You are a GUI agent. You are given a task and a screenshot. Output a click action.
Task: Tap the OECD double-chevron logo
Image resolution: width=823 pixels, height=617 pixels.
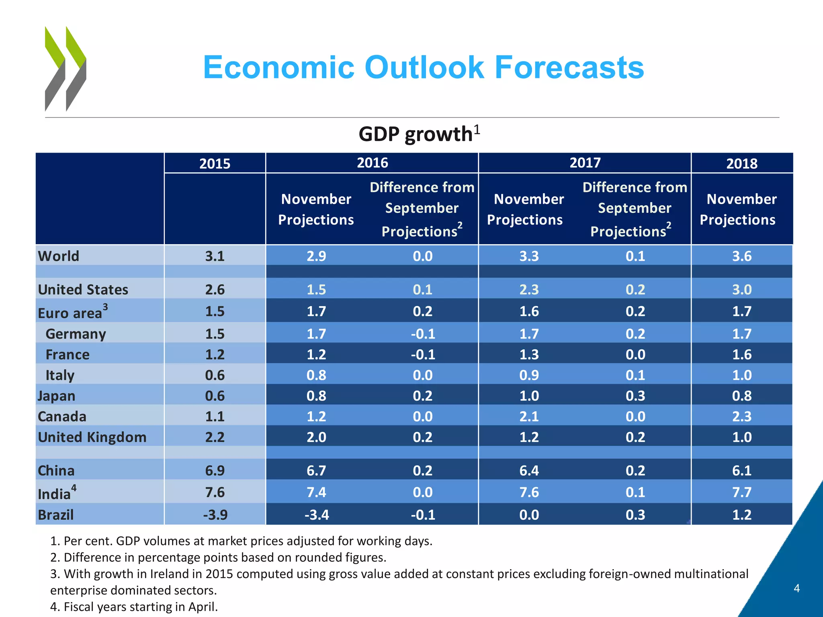pyautogui.click(x=66, y=69)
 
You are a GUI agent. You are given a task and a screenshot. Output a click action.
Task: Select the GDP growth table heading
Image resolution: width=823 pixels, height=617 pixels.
pyautogui.click(x=419, y=134)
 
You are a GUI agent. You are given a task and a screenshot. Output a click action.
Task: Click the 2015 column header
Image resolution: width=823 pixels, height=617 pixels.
pyautogui.click(x=215, y=163)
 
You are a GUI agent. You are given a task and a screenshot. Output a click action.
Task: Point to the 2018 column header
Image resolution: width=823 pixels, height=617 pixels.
pyautogui.click(x=741, y=163)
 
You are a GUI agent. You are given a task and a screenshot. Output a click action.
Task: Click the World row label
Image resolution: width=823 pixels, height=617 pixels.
pyautogui.click(x=59, y=256)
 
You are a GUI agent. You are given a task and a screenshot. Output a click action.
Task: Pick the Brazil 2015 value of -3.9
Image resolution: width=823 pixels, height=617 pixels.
pyautogui.click(x=215, y=515)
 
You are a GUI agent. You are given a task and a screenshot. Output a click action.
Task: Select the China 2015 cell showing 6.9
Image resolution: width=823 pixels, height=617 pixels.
pyautogui.click(x=215, y=470)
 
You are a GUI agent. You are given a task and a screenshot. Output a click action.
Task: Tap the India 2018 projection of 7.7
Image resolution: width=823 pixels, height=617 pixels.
pyautogui.click(x=741, y=492)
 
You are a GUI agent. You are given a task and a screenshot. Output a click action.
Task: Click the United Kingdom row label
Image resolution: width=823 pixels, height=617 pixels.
pyautogui.click(x=92, y=437)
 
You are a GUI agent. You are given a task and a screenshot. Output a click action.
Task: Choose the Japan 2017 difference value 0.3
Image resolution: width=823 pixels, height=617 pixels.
pyautogui.click(x=635, y=396)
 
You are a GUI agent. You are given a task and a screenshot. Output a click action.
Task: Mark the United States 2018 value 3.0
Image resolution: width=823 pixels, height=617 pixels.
pyautogui.click(x=741, y=290)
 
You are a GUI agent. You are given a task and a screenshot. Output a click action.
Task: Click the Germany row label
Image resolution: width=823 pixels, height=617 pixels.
pyautogui.click(x=76, y=334)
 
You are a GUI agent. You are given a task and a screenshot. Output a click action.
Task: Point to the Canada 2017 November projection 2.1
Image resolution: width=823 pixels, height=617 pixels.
pyautogui.click(x=529, y=417)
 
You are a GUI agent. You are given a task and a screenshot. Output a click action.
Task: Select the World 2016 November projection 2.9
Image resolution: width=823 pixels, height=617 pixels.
pyautogui.click(x=316, y=256)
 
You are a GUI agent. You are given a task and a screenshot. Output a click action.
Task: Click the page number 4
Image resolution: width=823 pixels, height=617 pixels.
pyautogui.click(x=796, y=588)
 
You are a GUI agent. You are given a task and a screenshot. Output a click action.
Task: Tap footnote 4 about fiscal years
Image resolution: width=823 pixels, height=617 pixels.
pyautogui.click(x=134, y=607)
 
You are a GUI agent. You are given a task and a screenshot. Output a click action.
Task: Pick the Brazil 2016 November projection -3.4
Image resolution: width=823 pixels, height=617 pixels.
pyautogui.click(x=316, y=515)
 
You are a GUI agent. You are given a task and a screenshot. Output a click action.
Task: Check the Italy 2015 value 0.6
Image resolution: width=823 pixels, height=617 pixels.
pyautogui.click(x=215, y=375)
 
